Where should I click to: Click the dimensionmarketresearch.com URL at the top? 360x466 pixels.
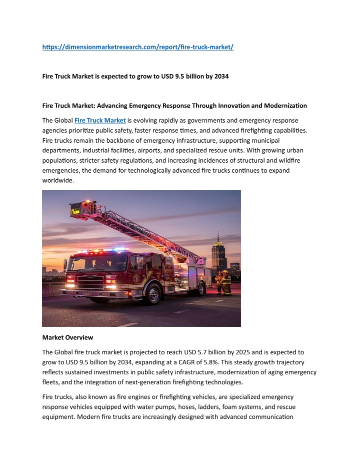click(x=138, y=47)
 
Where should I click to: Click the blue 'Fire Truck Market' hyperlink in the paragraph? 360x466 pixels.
click(x=100, y=120)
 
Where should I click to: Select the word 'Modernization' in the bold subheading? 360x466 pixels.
click(x=281, y=106)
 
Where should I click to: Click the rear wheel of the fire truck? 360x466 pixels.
click(x=201, y=288)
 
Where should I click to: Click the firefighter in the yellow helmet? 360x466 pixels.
click(x=226, y=283)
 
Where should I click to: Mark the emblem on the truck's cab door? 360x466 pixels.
click(x=136, y=278)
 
